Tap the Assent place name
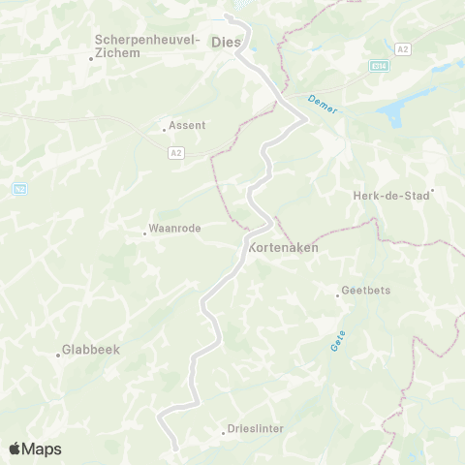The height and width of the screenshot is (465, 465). pyautogui.click(x=186, y=125)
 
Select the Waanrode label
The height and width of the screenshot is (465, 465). pyautogui.click(x=172, y=230)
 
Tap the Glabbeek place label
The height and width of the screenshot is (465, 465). pyautogui.click(x=90, y=350)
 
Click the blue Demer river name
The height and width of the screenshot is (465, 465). pyautogui.click(x=324, y=105)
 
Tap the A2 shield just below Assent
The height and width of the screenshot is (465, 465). pyautogui.click(x=175, y=152)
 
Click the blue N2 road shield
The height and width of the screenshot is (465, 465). pyautogui.click(x=19, y=189)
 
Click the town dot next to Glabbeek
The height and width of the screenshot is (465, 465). pyautogui.click(x=58, y=355)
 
